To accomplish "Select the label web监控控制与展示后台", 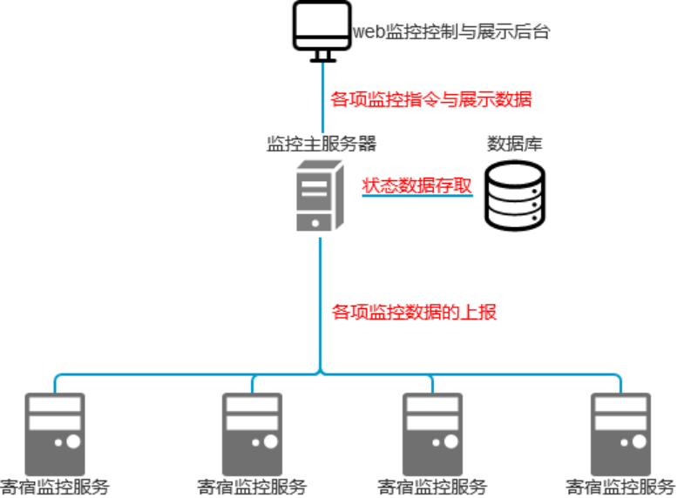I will click(451, 32).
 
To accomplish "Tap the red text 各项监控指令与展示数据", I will click(431, 99).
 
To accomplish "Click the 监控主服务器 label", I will click(322, 144).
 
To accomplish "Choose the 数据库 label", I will click(514, 144).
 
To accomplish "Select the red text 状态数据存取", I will click(416, 185).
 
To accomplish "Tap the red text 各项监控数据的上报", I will click(415, 311).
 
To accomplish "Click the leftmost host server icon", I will click(56, 433).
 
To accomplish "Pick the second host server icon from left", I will click(252, 433).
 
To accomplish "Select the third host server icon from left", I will click(432, 433).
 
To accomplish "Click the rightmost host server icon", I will click(620, 433).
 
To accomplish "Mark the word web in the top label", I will click(367, 33).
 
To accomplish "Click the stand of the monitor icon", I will click(322, 55).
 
